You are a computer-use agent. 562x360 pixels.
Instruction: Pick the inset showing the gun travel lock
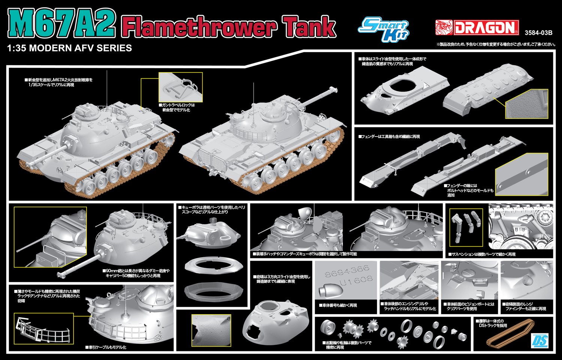[181, 87]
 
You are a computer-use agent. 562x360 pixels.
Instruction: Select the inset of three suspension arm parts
[466, 227]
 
